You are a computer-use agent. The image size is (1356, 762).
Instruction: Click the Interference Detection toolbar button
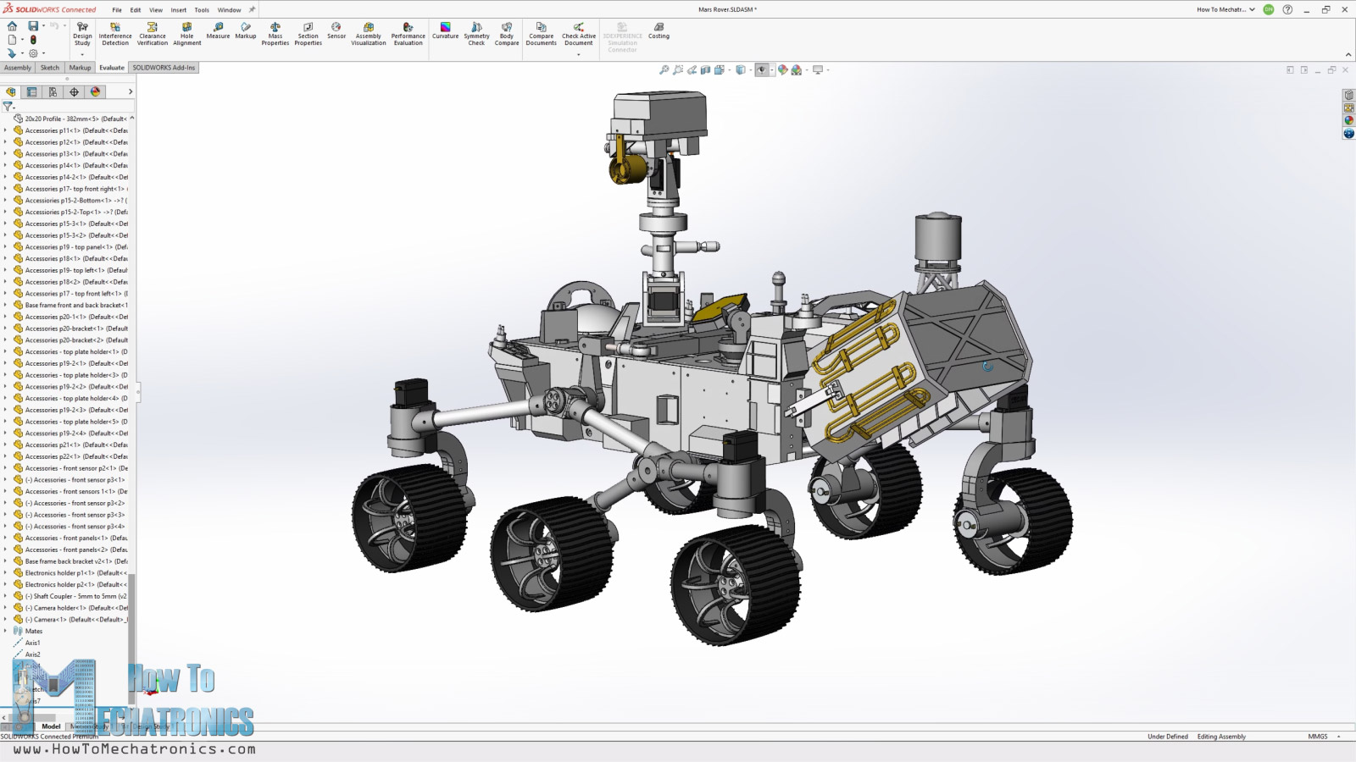(115, 33)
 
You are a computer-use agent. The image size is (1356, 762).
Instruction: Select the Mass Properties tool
(275, 33)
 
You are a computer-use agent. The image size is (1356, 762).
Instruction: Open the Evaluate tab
(112, 68)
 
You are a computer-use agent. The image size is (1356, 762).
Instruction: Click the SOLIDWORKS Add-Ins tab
(164, 68)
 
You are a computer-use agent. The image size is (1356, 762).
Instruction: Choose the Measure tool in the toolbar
(218, 30)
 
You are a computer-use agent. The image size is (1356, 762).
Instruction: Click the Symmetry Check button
(476, 33)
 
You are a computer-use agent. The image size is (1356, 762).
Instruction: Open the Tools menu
(202, 10)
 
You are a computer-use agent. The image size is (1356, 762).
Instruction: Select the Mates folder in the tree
(33, 631)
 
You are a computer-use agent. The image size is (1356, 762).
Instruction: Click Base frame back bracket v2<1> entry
(68, 561)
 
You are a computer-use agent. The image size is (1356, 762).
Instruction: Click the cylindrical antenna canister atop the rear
(938, 237)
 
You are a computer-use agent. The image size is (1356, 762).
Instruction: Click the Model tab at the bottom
(51, 726)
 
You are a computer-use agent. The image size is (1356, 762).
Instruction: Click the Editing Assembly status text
(1221, 737)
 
